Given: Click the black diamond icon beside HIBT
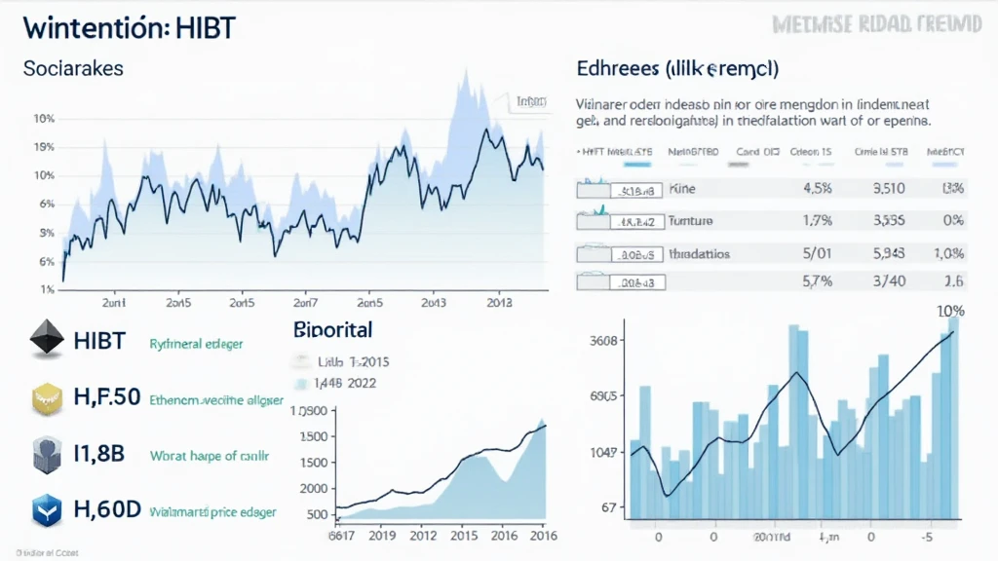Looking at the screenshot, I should [42, 341].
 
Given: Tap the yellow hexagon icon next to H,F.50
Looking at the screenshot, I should [42, 397].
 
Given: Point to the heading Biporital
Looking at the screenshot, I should [332, 330].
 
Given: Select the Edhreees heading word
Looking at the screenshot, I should [613, 70].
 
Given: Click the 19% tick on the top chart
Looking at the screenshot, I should [43, 147].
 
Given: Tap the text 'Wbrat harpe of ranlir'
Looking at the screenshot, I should [209, 455].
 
